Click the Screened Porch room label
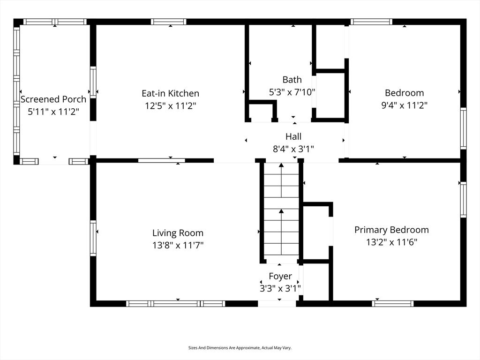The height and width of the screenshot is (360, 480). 53,99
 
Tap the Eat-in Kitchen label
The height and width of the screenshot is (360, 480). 170,93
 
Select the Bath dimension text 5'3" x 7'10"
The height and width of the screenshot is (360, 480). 292,92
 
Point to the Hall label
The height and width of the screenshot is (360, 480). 293,136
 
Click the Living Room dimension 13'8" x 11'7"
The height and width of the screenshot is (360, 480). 178,245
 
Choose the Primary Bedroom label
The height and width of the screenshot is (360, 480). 391,230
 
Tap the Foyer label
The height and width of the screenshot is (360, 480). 280,276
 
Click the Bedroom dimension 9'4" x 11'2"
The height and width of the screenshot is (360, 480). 404,105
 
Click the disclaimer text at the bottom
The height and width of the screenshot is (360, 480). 240,348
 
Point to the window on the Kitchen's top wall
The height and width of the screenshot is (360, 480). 168,22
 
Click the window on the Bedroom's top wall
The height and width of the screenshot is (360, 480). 371,22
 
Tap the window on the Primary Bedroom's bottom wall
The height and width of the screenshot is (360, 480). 393,303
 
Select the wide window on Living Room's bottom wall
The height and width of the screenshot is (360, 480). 176,303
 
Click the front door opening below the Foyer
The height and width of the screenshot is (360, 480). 277,303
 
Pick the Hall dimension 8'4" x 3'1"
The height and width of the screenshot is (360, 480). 293,149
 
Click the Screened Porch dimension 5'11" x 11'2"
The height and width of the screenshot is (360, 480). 53,112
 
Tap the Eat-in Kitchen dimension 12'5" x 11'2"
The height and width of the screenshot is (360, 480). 170,106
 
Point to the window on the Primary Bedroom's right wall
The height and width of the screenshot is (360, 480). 463,200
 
